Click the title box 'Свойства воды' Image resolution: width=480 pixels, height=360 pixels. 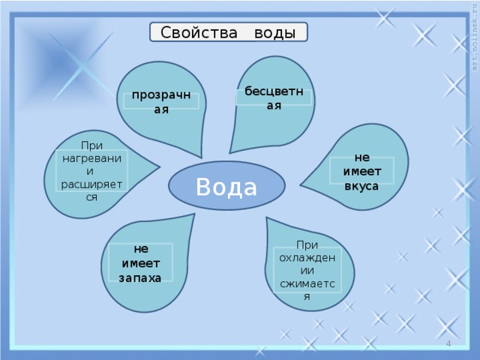tap(229, 33)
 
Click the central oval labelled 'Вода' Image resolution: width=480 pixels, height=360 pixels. tap(226, 184)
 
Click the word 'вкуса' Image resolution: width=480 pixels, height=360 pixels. tap(361, 186)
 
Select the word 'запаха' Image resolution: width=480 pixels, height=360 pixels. tap(140, 277)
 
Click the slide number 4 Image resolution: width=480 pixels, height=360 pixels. tap(448, 343)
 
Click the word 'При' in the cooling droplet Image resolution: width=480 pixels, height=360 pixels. tap(307, 244)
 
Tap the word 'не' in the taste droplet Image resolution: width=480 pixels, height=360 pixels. tap(362, 157)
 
